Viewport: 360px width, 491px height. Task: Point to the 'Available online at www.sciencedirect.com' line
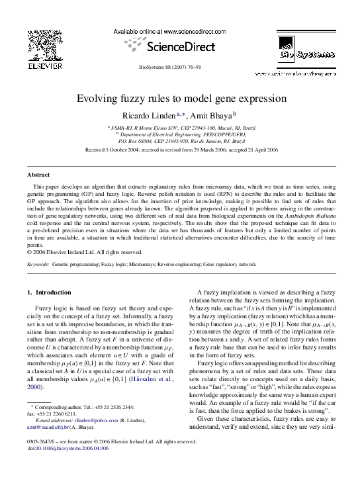click(x=179, y=31)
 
